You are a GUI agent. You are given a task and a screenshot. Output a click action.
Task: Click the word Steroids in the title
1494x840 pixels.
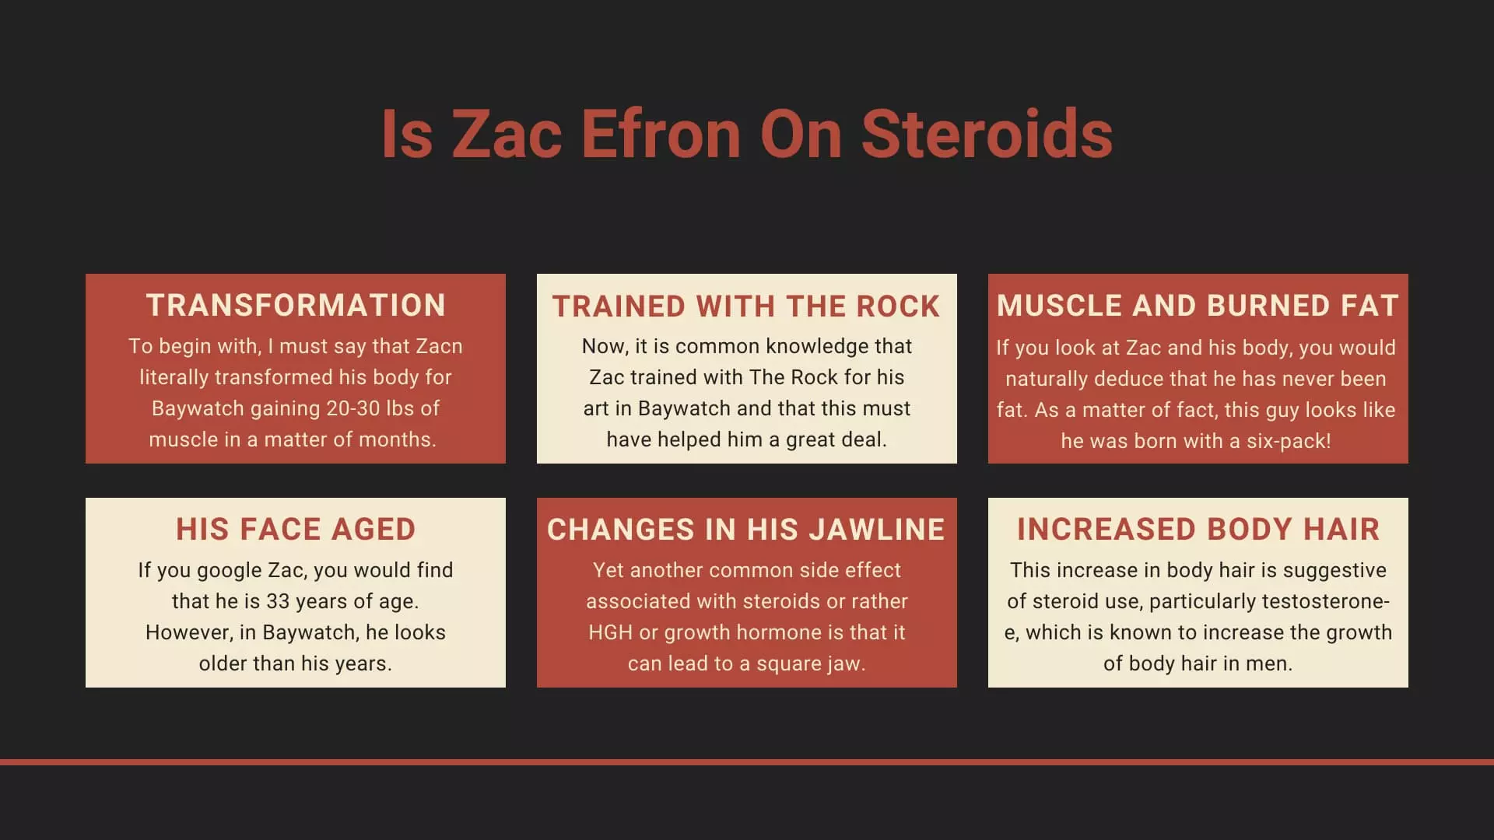[987, 134]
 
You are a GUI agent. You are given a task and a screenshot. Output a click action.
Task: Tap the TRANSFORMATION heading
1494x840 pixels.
[296, 306]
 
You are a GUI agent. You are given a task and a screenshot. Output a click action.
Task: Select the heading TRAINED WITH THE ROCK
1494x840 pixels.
[746, 306]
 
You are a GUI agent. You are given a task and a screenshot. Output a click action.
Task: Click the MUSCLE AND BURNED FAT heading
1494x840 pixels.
[1198, 306]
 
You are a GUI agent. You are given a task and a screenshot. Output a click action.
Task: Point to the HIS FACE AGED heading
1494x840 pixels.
[296, 530]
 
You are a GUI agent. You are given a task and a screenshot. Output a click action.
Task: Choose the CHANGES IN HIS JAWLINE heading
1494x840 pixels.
[746, 530]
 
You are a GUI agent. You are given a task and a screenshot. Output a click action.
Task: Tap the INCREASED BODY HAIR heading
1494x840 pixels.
[1198, 530]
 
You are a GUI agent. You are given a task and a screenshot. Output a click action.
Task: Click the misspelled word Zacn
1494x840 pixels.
[440, 346]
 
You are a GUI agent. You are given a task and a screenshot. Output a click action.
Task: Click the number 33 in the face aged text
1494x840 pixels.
[279, 601]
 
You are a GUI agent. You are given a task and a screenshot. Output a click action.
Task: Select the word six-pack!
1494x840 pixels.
[1289, 441]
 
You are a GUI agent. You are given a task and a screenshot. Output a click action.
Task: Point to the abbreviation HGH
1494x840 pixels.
[611, 632]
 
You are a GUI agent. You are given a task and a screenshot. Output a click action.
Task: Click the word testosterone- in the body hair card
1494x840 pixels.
[1326, 601]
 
